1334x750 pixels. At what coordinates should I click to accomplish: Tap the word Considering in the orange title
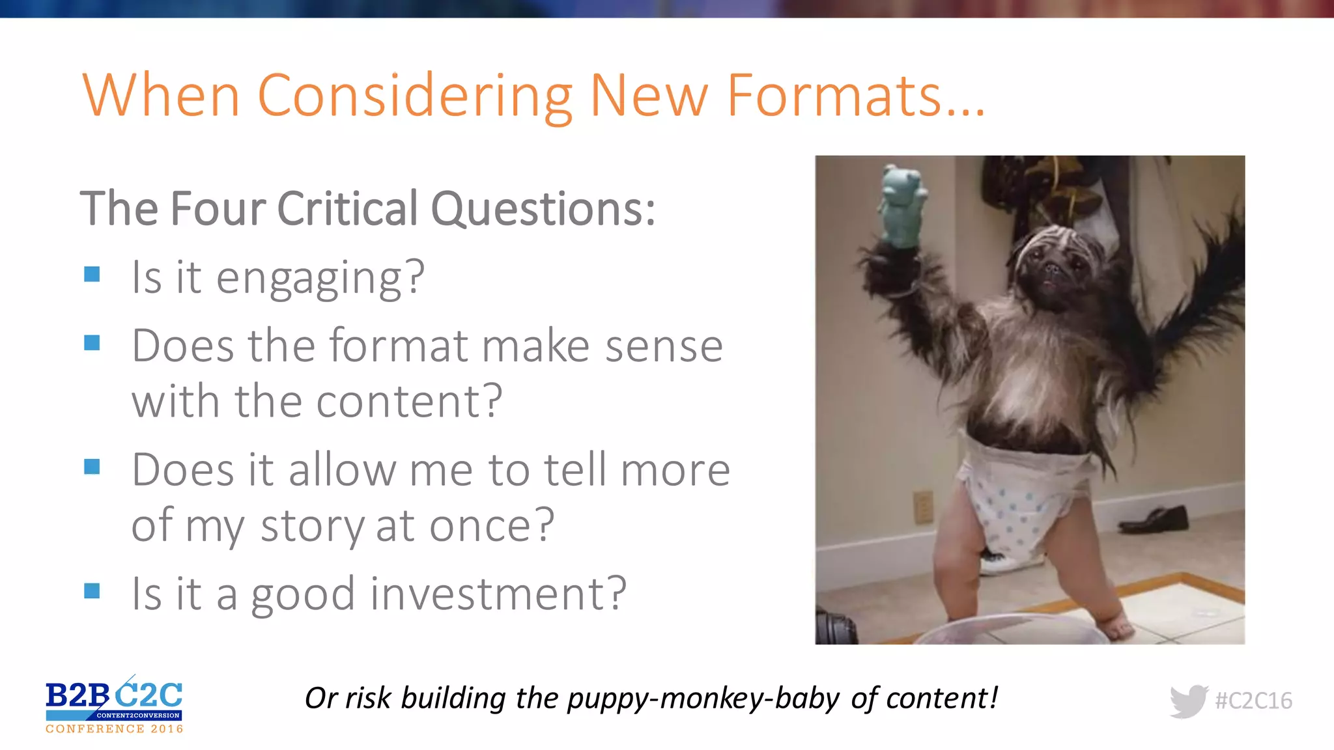[415, 96]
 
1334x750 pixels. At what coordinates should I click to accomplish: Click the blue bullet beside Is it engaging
[92, 274]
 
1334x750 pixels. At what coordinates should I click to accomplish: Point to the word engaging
[320, 278]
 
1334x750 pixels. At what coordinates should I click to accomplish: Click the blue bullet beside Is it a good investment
[92, 590]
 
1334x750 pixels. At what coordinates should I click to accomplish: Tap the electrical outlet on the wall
[922, 507]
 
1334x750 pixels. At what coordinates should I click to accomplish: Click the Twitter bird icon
[1188, 701]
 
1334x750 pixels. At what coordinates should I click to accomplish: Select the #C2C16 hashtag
[1253, 701]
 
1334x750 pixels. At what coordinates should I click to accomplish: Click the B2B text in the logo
[77, 696]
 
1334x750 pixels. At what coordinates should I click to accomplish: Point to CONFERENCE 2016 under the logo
[115, 729]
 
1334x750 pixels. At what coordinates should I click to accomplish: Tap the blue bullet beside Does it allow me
[92, 466]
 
